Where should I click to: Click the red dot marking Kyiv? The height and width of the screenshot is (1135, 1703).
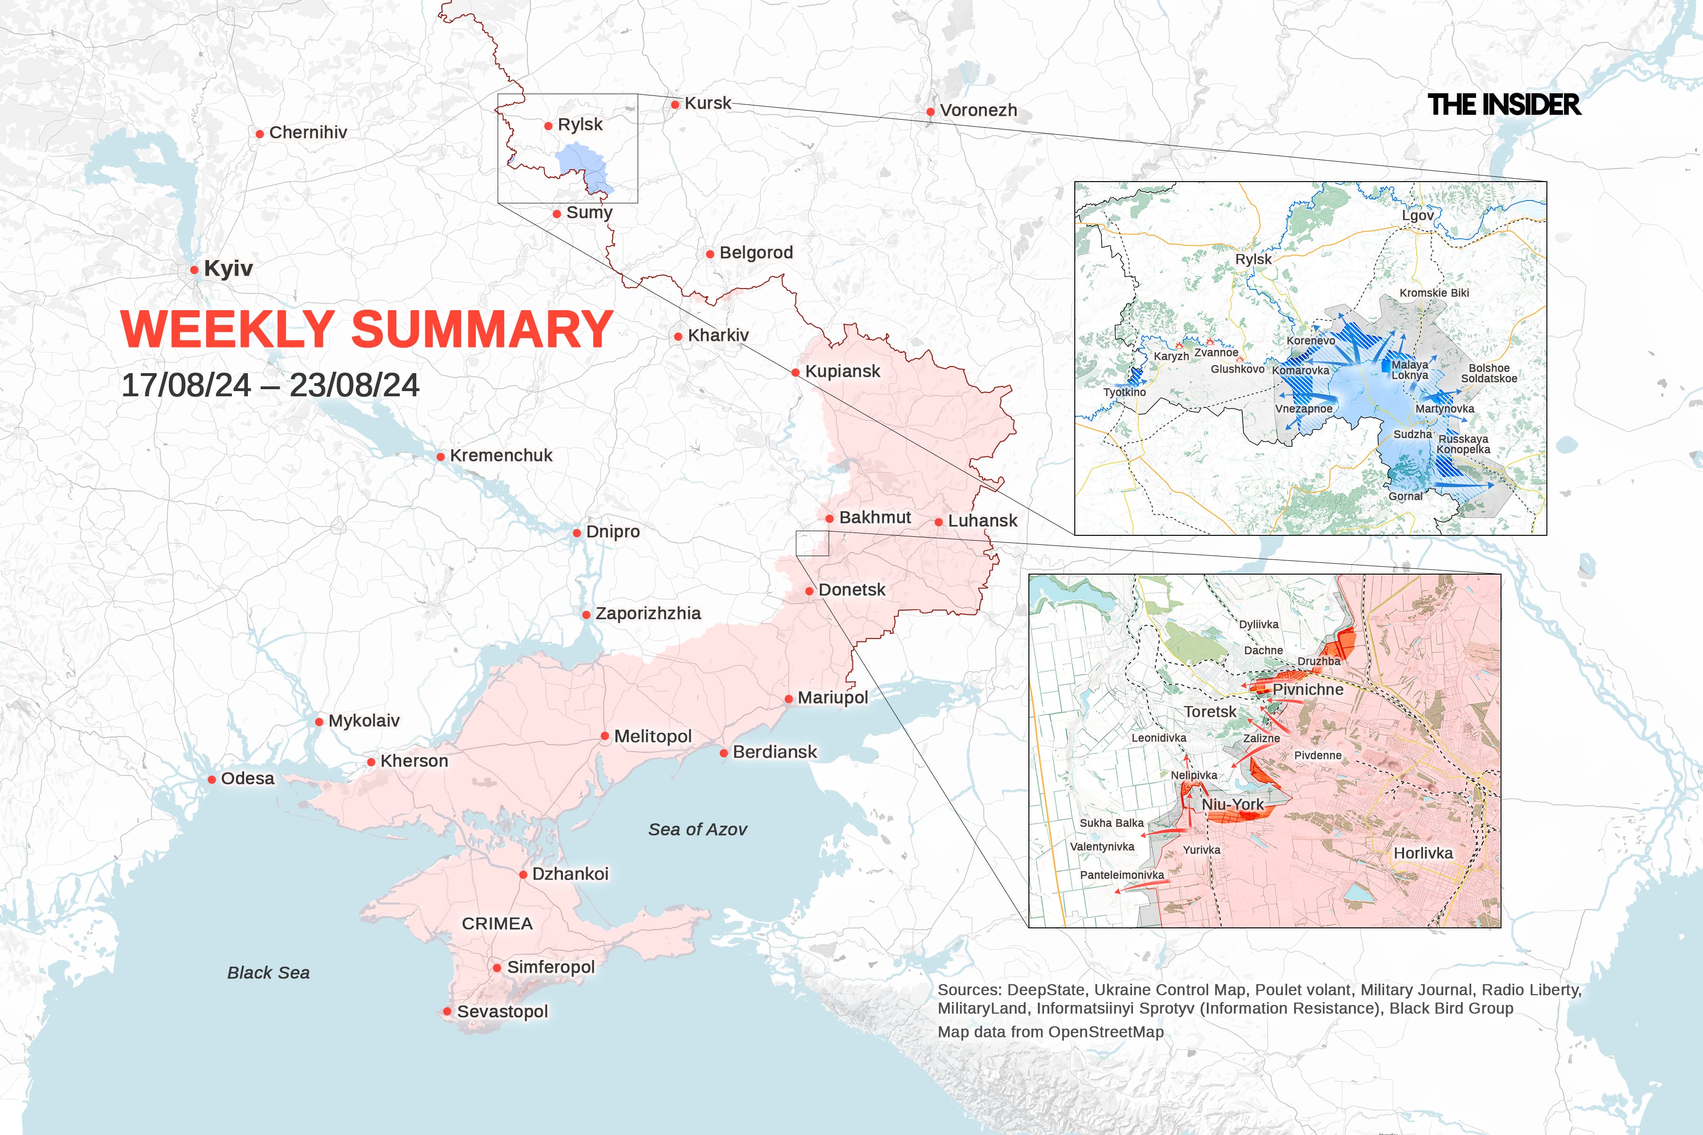click(194, 270)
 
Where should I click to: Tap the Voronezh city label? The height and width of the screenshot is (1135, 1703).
click(978, 110)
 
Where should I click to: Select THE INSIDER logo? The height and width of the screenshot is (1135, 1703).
click(1504, 105)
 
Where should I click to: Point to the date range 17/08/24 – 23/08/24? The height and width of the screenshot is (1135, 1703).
click(270, 385)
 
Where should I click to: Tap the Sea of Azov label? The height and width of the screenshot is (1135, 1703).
click(697, 829)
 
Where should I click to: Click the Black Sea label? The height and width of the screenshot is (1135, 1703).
click(269, 973)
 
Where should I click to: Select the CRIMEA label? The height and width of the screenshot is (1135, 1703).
click(498, 924)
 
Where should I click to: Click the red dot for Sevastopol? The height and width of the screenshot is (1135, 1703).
click(448, 1011)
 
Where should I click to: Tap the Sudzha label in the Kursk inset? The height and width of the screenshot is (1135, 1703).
click(1413, 434)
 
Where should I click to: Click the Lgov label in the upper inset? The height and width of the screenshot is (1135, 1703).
click(1417, 216)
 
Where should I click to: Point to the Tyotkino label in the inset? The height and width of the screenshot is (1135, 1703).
click(1124, 393)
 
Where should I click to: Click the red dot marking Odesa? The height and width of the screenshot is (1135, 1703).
click(211, 779)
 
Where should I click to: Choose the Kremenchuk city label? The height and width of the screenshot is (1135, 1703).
click(501, 455)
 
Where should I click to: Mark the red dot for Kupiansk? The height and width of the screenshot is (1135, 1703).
click(795, 372)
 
